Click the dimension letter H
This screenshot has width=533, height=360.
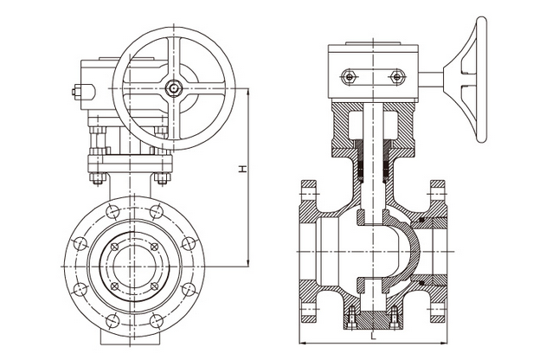click(x=242, y=169)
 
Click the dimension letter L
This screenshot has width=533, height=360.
click(x=373, y=337)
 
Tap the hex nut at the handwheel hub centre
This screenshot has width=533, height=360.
click(x=174, y=88)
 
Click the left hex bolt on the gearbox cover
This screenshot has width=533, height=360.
click(x=349, y=76)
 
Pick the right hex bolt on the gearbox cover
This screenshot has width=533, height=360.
click(x=397, y=76)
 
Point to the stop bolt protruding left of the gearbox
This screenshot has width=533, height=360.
click(x=76, y=92)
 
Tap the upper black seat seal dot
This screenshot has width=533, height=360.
click(x=421, y=220)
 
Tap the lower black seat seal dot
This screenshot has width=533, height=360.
click(x=421, y=283)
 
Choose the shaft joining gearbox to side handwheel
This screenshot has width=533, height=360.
click(x=431, y=80)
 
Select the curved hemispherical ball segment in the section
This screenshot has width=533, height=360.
click(x=411, y=252)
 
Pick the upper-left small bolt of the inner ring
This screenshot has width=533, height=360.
click(x=115, y=247)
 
